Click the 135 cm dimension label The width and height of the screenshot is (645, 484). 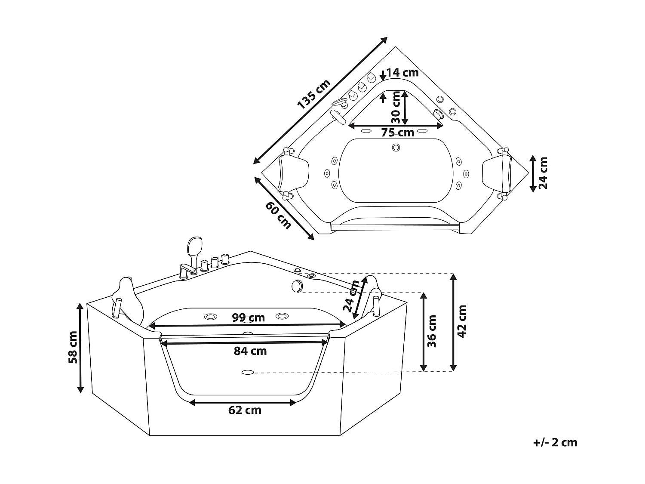pyautogui.click(x=314, y=94)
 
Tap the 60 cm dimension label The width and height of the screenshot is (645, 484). pyautogui.click(x=278, y=215)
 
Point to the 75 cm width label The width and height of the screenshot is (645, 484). pyautogui.click(x=397, y=133)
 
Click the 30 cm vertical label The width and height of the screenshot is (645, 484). pyautogui.click(x=396, y=108)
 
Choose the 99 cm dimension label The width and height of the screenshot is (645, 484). pyautogui.click(x=248, y=318)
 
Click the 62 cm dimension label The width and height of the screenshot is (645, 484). pyautogui.click(x=245, y=410)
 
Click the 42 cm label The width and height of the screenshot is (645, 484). pyautogui.click(x=462, y=321)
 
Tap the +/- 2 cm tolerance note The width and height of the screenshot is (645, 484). pyautogui.click(x=555, y=442)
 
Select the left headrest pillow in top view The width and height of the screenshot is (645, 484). pyautogui.click(x=295, y=174)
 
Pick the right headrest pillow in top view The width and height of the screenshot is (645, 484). pyautogui.click(x=498, y=173)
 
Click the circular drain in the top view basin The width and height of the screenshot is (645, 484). pyautogui.click(x=396, y=148)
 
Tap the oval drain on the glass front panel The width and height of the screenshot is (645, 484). pyautogui.click(x=248, y=372)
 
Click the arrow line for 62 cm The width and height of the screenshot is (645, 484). pyautogui.click(x=243, y=403)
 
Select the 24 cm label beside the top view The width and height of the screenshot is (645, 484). pyautogui.click(x=543, y=173)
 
